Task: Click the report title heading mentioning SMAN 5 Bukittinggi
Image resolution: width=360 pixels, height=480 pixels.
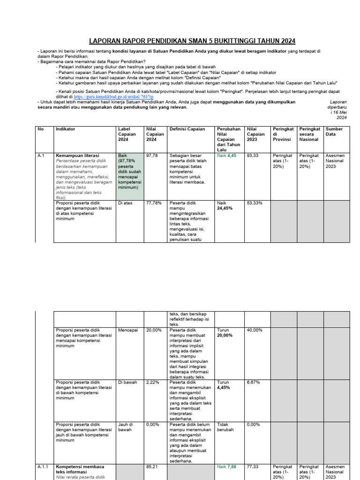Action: pos(193,41)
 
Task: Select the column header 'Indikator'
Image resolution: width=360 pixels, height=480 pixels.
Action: pos(66,129)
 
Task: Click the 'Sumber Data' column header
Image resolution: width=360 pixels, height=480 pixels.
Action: pos(334,132)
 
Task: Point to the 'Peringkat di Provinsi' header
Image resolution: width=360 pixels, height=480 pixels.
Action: pos(283,134)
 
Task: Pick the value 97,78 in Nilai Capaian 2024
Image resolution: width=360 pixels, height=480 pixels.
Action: pos(152,154)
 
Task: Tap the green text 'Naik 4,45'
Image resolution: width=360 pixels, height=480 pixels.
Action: pos(227,154)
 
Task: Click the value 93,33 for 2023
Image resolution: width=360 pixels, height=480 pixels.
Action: pos(253,154)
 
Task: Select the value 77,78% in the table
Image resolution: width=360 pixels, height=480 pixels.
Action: pos(154,203)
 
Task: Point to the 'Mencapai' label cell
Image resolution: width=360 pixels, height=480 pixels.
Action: pos(128,330)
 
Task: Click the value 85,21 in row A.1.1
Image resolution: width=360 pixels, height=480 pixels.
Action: pos(153,467)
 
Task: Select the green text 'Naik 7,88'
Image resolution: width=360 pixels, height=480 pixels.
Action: pos(227,467)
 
